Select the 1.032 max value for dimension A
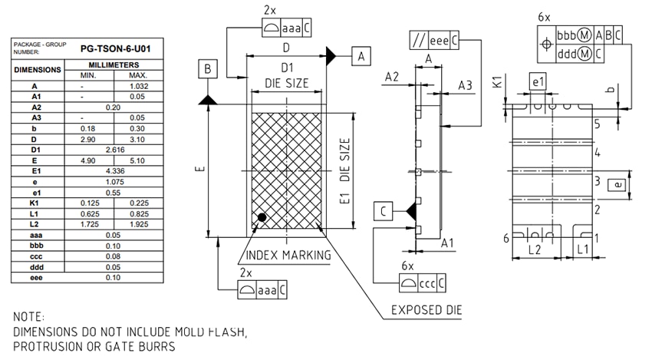point(138,87)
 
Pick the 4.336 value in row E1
point(113,170)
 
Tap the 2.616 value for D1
point(113,150)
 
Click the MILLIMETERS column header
point(113,66)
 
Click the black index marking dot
point(262,218)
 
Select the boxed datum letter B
point(207,69)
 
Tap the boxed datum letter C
point(384,211)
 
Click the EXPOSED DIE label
point(426,310)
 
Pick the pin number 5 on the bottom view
point(597,123)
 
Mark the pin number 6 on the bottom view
point(505,238)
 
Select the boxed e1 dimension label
point(538,81)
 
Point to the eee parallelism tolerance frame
point(433,40)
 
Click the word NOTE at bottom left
point(29,317)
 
